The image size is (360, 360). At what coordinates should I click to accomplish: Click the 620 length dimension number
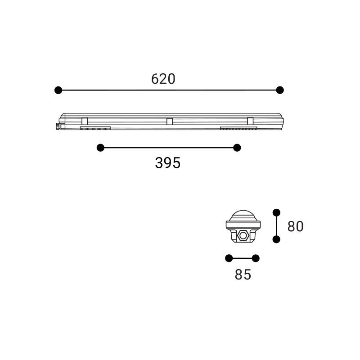[163, 79]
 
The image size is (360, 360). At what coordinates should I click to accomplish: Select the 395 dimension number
[167, 163]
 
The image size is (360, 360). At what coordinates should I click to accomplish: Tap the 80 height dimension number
[295, 226]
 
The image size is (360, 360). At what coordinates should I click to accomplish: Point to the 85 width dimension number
[243, 274]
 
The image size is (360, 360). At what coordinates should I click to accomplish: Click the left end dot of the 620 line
[58, 90]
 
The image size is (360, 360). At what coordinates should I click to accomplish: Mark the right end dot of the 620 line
[280, 90]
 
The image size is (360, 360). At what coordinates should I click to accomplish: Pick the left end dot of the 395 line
[100, 148]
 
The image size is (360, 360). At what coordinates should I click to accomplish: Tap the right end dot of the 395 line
[237, 148]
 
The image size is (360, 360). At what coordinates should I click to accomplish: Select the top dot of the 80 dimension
[276, 212]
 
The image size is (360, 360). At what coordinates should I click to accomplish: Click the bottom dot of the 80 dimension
[276, 239]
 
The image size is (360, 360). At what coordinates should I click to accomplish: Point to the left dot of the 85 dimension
[229, 258]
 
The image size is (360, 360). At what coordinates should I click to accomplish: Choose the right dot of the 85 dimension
[256, 258]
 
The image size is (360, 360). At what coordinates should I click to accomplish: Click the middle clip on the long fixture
[170, 121]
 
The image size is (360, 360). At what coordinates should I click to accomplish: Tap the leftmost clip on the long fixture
[85, 121]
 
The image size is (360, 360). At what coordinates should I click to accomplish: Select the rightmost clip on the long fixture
[250, 121]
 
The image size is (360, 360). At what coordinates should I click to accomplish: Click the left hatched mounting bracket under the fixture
[95, 128]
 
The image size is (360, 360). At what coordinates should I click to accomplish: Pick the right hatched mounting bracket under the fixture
[238, 128]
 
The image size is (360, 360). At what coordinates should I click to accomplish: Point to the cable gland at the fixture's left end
[58, 126]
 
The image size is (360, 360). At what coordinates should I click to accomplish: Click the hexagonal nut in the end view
[243, 235]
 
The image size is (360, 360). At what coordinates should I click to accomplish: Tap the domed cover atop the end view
[243, 215]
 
